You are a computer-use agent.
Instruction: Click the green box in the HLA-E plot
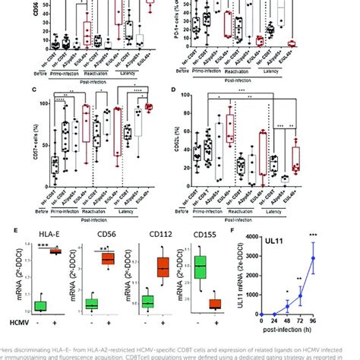coord(41,305)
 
